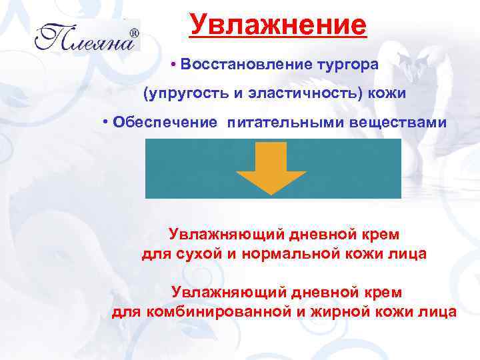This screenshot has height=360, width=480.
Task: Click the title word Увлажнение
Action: point(277,26)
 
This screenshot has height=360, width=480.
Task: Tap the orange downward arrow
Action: point(273,167)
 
